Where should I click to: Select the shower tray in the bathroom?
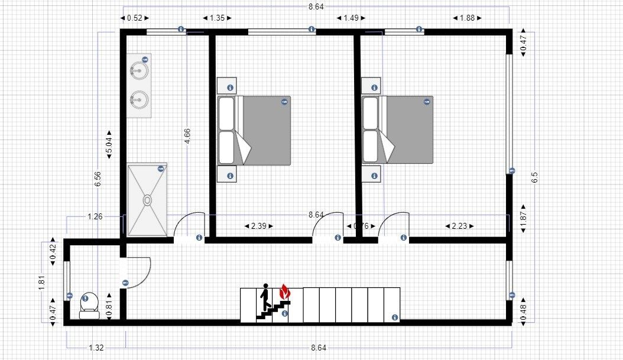[147, 200]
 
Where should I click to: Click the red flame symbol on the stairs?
[284, 291]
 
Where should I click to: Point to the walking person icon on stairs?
[265, 297]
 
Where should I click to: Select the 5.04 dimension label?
[109, 144]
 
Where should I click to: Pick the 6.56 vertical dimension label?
[98, 175]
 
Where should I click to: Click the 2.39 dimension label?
[258, 226]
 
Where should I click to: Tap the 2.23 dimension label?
[459, 226]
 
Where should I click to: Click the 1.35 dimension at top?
[217, 18]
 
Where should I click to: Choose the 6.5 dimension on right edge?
[535, 177]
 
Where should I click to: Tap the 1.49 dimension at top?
[351, 18]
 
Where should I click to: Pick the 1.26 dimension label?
[95, 216]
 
